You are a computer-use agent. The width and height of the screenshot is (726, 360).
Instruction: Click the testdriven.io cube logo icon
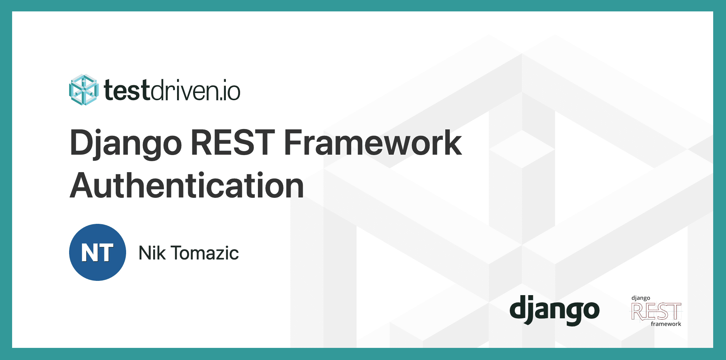click(x=83, y=90)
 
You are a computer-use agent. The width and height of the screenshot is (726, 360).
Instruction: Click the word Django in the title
click(x=125, y=143)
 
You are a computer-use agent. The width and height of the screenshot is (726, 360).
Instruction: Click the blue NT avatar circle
click(x=97, y=252)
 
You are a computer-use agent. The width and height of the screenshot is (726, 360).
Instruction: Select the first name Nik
click(x=152, y=253)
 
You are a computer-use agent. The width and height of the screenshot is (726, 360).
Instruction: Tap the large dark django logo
click(x=554, y=310)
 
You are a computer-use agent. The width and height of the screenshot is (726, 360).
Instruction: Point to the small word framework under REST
click(x=665, y=324)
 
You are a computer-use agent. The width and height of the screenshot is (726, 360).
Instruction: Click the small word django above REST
click(x=641, y=298)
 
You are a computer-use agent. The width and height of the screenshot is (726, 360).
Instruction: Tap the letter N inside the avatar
click(x=88, y=253)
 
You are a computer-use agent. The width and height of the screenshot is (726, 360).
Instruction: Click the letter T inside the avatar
click(x=106, y=253)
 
